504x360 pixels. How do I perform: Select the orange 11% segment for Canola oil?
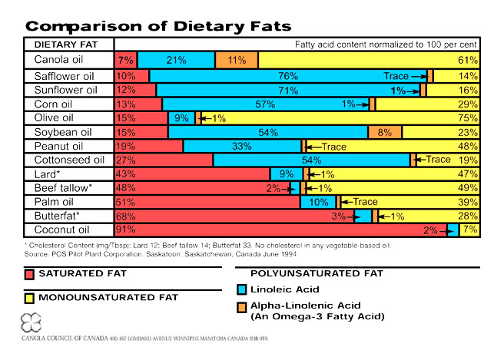click(237, 60)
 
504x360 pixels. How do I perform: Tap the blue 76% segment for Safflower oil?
click(287, 76)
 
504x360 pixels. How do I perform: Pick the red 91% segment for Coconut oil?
click(280, 229)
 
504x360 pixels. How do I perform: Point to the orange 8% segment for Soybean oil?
click(385, 132)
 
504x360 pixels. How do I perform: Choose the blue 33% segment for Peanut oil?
click(242, 146)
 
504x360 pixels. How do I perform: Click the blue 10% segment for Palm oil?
click(317, 201)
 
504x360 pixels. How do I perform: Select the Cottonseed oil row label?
click(68, 160)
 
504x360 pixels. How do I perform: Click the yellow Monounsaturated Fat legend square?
click(30, 298)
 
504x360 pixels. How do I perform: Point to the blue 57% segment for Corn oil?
click(265, 104)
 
